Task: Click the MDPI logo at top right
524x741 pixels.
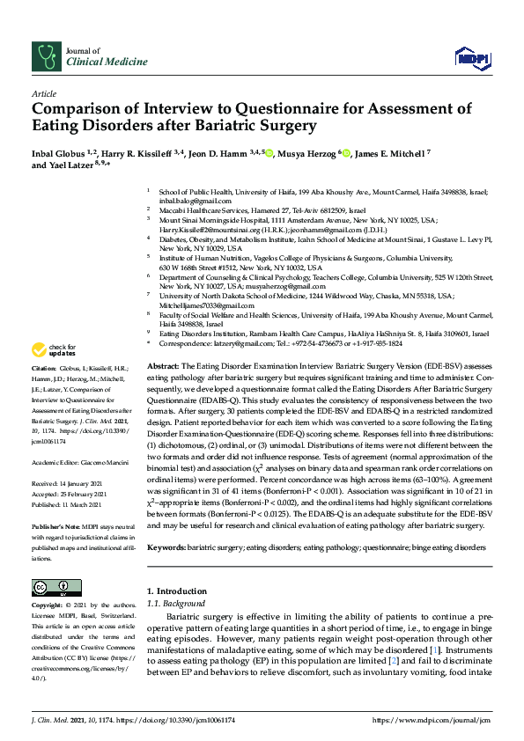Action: point(472,58)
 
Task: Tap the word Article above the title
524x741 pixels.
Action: point(44,92)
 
